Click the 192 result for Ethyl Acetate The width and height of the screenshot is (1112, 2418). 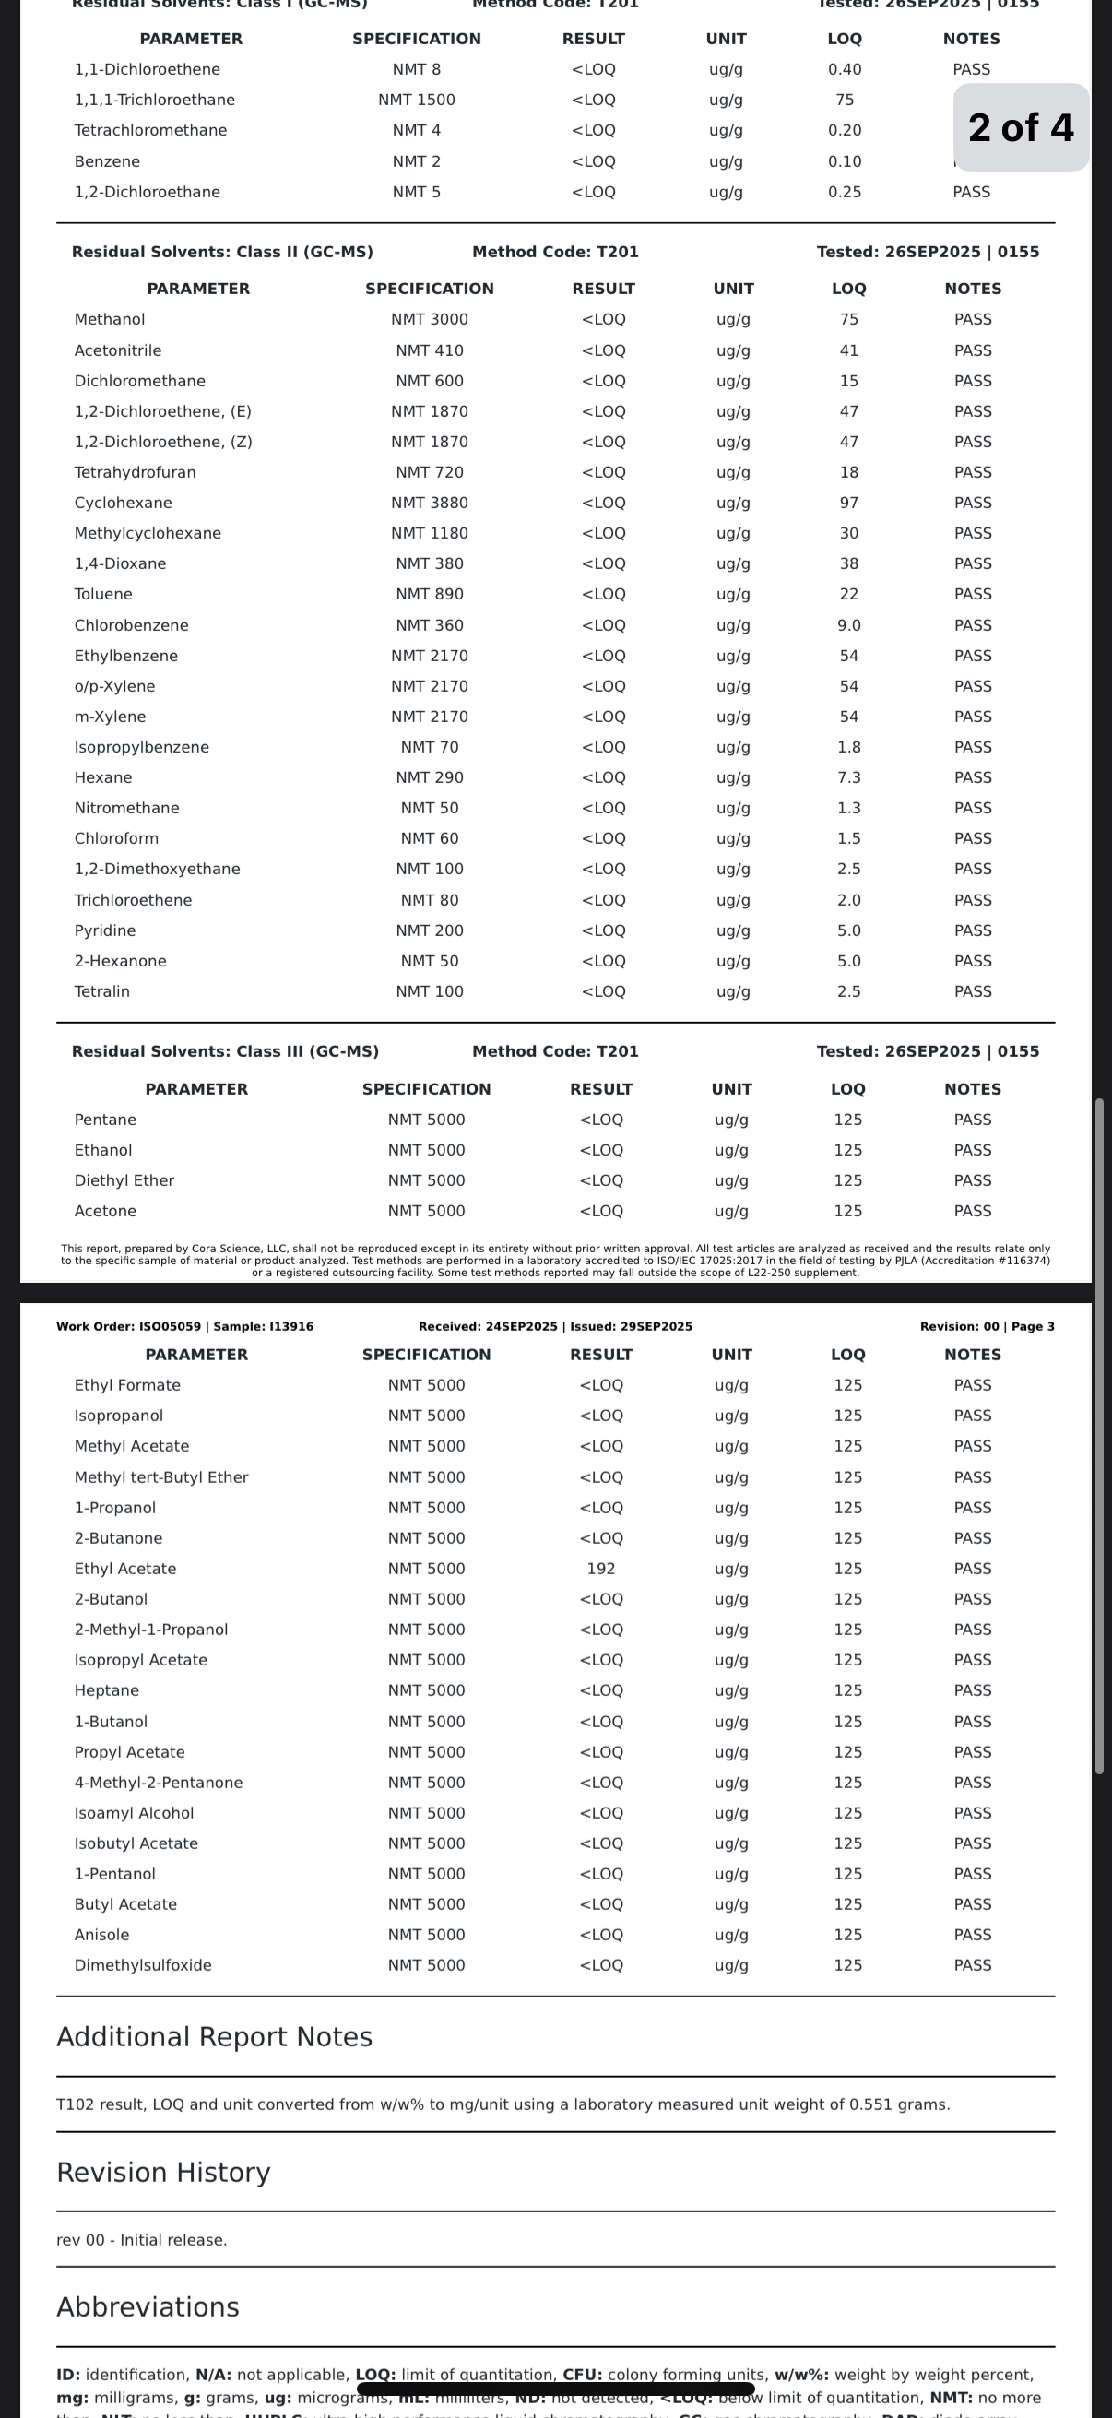click(600, 1569)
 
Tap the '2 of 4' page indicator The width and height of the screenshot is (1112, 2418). click(1020, 127)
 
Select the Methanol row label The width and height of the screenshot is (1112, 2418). click(110, 319)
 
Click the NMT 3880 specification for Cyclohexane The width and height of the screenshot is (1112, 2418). click(429, 504)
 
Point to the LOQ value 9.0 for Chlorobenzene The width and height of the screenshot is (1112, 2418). click(848, 625)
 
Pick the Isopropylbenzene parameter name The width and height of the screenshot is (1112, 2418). click(142, 747)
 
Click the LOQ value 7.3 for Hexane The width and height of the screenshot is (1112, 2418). click(848, 777)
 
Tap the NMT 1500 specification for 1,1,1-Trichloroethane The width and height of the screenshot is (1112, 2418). click(417, 100)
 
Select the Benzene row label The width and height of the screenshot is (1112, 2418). click(107, 161)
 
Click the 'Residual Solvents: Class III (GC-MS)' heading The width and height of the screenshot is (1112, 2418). click(225, 1051)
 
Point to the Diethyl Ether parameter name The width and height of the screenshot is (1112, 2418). click(124, 1180)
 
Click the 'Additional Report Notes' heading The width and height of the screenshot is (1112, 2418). click(214, 2037)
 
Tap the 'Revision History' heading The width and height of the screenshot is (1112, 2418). click(163, 2172)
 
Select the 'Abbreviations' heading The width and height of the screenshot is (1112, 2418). click(148, 2307)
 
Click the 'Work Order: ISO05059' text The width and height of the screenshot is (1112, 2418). click(128, 1326)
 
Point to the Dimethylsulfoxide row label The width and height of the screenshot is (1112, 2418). click(143, 1964)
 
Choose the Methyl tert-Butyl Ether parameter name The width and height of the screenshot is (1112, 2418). click(161, 1477)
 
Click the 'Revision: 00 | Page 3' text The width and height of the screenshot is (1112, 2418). click(987, 1326)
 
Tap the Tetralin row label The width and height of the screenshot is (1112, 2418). click(102, 991)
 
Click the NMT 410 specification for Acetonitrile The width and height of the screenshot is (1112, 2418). click(429, 350)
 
